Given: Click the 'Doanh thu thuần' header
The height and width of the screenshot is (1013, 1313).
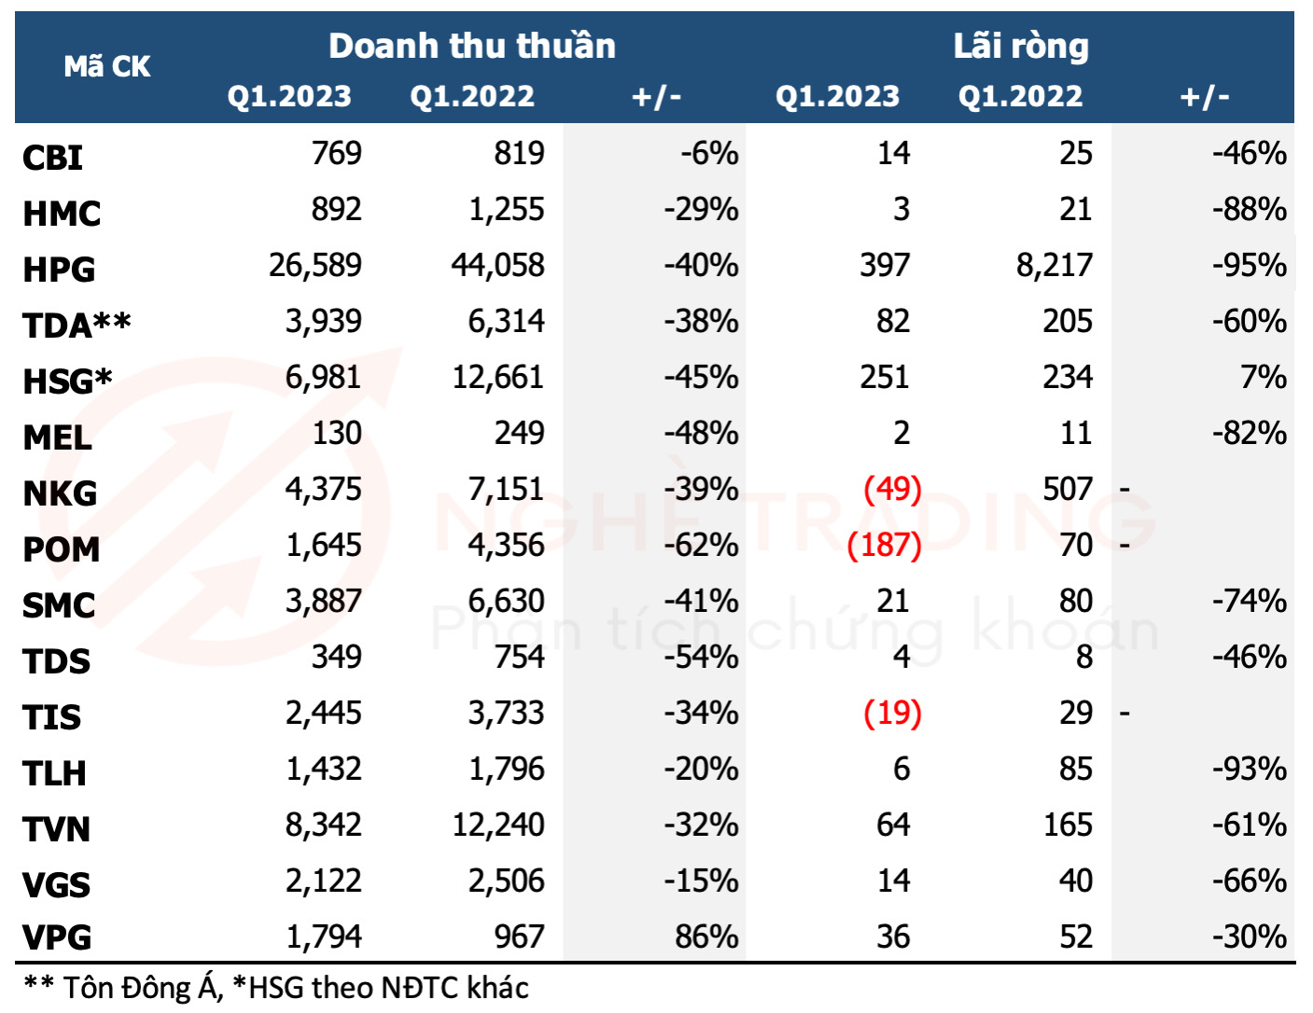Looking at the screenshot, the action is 472,46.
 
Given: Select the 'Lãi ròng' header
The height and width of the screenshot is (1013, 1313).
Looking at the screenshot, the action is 1021,46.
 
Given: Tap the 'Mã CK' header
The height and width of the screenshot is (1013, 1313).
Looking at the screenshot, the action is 107,66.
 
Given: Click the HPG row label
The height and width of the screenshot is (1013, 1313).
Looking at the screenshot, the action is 59,270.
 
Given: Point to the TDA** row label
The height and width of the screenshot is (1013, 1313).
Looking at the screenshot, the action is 77,325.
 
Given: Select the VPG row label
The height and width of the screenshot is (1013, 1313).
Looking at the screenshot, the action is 57,937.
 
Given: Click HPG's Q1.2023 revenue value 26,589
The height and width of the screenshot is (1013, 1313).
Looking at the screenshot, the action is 314,266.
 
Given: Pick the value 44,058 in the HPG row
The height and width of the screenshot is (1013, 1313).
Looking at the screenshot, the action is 498,266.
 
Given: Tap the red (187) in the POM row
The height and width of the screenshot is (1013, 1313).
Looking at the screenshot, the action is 884,545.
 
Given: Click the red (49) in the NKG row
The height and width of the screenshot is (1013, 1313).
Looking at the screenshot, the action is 892,489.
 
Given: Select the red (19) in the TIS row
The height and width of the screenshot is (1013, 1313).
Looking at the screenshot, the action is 892,713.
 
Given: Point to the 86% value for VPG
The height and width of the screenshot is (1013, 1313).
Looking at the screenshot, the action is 706,937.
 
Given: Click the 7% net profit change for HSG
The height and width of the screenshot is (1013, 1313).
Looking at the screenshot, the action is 1263,377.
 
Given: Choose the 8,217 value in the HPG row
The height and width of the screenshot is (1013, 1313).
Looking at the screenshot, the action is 1054,266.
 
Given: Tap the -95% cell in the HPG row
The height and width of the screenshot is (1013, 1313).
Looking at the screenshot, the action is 1249,266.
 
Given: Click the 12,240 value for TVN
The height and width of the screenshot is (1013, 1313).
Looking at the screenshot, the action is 498,826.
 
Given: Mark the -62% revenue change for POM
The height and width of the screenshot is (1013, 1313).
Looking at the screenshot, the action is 701,545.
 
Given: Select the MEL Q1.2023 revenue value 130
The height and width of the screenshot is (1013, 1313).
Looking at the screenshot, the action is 337,434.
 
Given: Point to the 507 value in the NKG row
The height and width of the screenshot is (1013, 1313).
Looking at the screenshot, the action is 1067,489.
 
